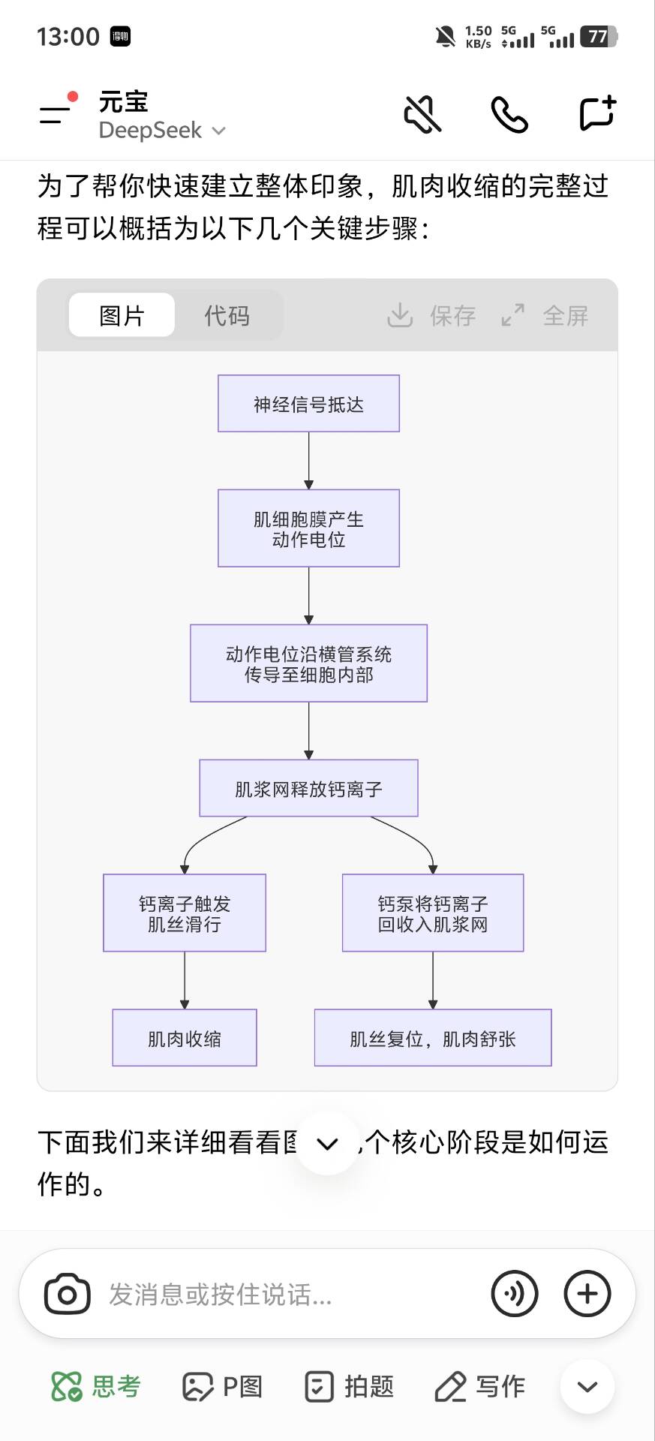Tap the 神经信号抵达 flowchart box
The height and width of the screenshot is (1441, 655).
click(x=308, y=404)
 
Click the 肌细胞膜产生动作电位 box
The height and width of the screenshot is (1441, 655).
click(x=308, y=528)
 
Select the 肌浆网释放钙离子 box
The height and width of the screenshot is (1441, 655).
click(x=308, y=788)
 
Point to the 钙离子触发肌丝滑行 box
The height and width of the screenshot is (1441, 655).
click(x=185, y=913)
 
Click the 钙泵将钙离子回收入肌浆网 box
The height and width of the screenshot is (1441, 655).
click(x=433, y=913)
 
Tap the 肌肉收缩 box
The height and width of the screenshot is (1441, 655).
click(x=185, y=1038)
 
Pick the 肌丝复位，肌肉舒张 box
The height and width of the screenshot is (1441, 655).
click(x=433, y=1038)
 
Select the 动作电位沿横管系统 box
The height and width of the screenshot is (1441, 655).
click(x=308, y=663)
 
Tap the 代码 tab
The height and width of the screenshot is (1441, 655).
click(x=227, y=315)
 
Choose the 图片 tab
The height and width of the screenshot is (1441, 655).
click(x=122, y=315)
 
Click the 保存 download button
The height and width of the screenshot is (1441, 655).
click(x=432, y=315)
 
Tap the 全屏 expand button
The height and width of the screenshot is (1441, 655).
click(x=545, y=315)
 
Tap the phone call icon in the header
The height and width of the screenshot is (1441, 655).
click(x=509, y=114)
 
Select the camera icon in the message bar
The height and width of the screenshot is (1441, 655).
click(x=68, y=1294)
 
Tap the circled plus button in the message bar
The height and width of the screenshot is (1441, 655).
click(x=587, y=1294)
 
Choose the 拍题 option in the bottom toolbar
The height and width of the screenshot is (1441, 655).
click(x=350, y=1386)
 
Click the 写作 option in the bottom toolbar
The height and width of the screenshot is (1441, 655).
click(x=480, y=1386)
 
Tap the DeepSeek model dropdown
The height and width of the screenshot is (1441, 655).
click(x=162, y=131)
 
